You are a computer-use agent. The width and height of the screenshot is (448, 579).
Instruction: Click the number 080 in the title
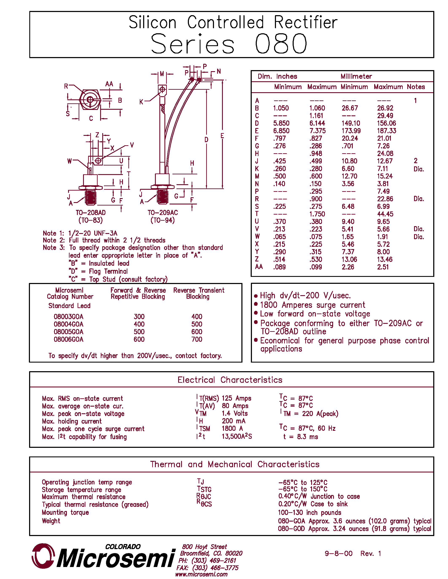point(281,44)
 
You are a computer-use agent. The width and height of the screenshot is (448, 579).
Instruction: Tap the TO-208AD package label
point(90,213)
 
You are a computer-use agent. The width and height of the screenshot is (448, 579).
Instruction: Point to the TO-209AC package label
point(163,213)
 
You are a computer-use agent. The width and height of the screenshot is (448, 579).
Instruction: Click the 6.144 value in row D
point(317,123)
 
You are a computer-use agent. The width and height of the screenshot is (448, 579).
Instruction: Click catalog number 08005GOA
point(69,332)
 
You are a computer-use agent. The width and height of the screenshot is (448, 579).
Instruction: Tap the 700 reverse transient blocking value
point(197,339)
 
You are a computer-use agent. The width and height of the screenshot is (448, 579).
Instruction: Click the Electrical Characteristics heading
point(230,380)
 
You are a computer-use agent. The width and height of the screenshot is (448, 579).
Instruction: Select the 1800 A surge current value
point(232,428)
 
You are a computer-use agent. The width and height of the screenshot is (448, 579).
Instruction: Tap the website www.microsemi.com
point(201,574)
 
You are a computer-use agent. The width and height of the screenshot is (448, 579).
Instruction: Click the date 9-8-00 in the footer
point(338,554)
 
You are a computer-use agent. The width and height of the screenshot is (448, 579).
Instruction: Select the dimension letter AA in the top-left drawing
point(109,84)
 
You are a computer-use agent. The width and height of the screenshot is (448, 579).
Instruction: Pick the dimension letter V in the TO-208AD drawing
point(132,145)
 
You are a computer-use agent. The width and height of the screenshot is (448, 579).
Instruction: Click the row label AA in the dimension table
point(259,267)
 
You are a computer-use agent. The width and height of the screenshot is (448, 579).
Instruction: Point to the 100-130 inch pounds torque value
point(309,512)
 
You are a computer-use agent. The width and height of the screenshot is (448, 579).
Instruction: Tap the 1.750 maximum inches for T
point(317,214)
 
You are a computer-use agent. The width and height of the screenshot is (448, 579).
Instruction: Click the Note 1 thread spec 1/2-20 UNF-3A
point(93,233)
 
